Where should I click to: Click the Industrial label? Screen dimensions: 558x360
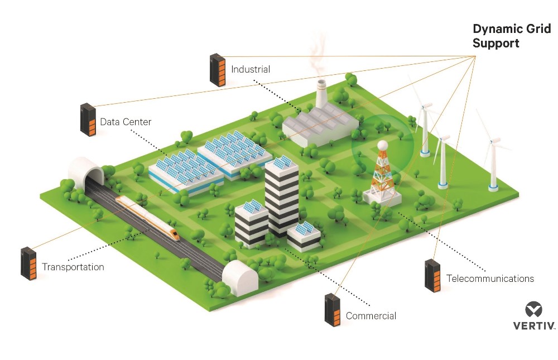coord(251,69)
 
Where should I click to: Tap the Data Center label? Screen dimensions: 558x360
coord(126,122)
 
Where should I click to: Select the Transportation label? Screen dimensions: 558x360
coord(73,267)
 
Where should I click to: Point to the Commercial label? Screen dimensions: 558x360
coord(371,315)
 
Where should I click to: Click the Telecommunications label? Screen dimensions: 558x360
coord(490,278)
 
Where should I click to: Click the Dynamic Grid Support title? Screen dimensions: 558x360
coord(512,36)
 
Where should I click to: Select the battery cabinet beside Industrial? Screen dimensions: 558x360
coord(218,70)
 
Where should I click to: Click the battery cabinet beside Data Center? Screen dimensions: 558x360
coord(88,119)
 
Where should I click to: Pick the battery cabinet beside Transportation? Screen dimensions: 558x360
coord(28,263)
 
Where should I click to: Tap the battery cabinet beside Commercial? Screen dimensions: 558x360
coord(333,310)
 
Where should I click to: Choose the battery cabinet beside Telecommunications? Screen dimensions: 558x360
coord(433,276)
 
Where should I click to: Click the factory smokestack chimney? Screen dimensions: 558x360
coord(321,93)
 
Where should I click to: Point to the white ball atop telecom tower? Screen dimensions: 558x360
coord(383,145)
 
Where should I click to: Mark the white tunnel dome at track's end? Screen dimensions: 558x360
coord(240,277)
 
